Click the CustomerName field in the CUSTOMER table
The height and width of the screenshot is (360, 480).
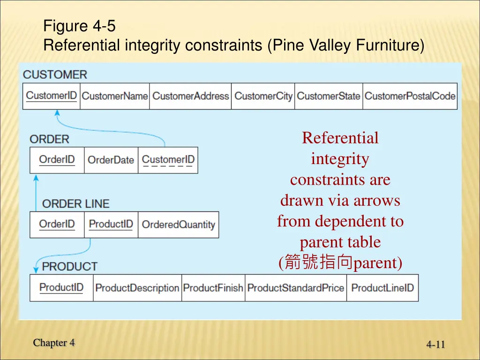[115, 96]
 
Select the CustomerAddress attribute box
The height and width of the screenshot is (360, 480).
[190, 96]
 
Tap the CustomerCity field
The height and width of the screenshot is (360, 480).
[263, 96]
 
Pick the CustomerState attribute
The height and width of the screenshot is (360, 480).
[329, 96]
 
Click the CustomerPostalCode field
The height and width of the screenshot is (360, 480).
[410, 96]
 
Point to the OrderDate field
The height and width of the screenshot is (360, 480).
[111, 160]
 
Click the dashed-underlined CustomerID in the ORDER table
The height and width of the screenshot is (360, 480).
[168, 160]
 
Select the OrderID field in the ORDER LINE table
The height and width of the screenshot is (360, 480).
[57, 224]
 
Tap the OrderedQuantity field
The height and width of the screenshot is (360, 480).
[178, 225]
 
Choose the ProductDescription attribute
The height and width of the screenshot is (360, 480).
[137, 287]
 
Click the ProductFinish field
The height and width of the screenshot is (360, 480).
[213, 287]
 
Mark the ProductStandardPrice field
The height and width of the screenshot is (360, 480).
[295, 287]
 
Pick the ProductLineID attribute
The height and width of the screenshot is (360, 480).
[382, 287]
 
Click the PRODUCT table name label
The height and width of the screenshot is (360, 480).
[70, 266]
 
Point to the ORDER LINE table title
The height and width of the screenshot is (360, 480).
[75, 204]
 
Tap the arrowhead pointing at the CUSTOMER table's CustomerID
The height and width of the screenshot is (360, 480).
[57, 113]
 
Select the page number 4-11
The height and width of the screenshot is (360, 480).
[435, 345]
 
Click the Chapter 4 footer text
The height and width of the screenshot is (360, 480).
[54, 343]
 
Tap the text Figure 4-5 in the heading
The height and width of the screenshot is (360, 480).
[79, 26]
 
